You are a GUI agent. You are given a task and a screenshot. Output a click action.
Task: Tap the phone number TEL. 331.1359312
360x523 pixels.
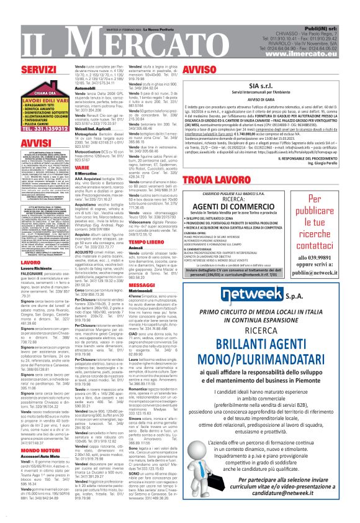coord(41,129)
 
